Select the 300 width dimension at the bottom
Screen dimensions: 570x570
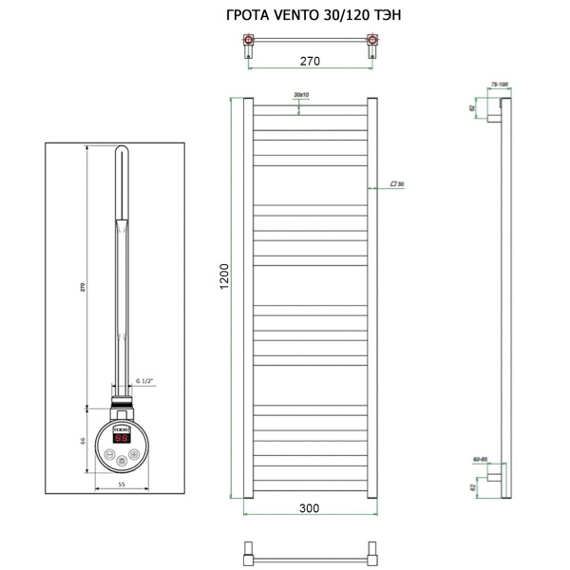click(310, 508)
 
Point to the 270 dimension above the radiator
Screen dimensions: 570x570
click(310, 61)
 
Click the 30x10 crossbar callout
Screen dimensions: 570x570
click(302, 95)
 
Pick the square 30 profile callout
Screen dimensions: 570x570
click(396, 183)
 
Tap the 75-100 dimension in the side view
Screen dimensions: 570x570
click(499, 85)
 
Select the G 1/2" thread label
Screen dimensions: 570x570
click(144, 380)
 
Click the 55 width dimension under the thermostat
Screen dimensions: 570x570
click(122, 484)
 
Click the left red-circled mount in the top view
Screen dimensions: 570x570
click(249, 42)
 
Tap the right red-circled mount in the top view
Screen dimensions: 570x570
click(371, 42)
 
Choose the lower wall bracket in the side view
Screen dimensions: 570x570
click(494, 479)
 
